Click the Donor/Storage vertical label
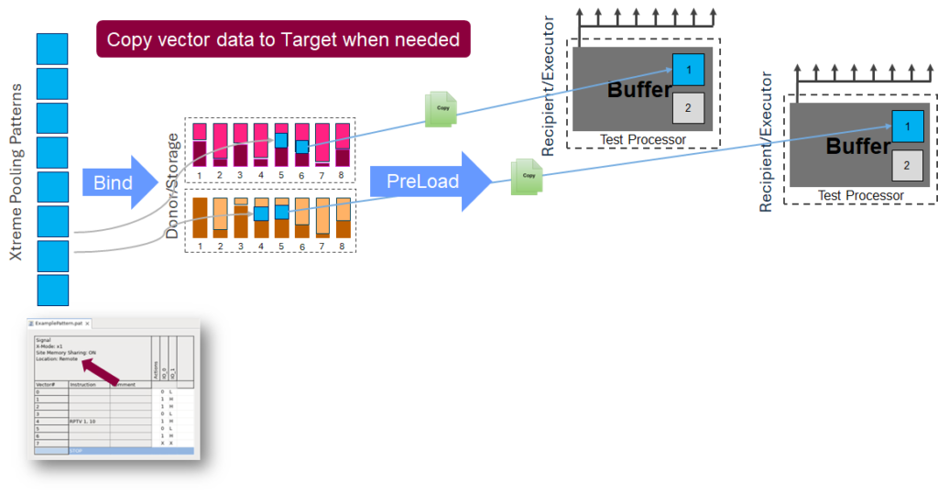tap(173, 183)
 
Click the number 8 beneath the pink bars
tap(343, 174)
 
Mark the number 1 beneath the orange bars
tap(200, 247)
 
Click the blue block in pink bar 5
tap(282, 140)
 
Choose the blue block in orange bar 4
tap(261, 213)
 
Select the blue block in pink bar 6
tap(302, 147)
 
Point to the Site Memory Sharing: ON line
tap(70, 352)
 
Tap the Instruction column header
tap(85, 384)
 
